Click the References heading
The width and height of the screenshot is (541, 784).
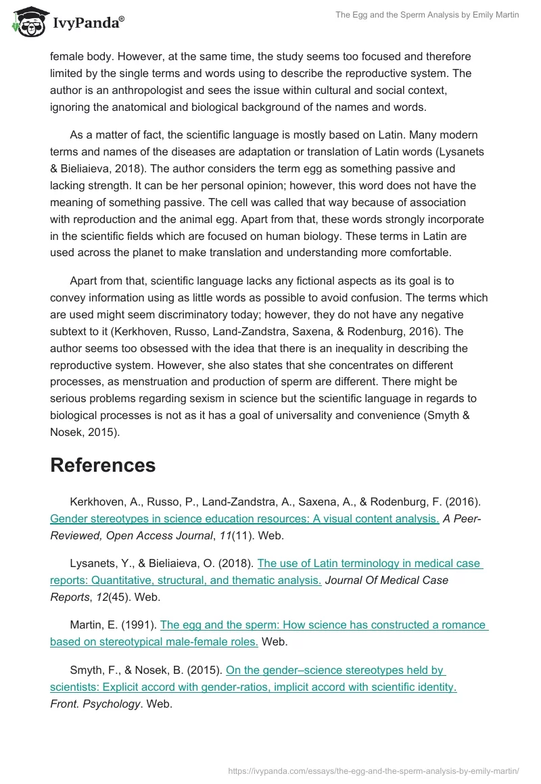point(103,465)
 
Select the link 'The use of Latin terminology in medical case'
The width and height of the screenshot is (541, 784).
point(369,563)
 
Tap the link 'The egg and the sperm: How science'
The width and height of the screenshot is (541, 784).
point(323,624)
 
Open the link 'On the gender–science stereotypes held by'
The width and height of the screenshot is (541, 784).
point(335,670)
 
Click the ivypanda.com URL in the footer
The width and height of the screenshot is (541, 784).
point(373,770)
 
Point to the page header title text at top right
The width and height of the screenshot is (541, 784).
point(427,15)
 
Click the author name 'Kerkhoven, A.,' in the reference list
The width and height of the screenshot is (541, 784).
point(105,501)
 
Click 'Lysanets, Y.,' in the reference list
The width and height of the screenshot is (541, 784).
point(99,563)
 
